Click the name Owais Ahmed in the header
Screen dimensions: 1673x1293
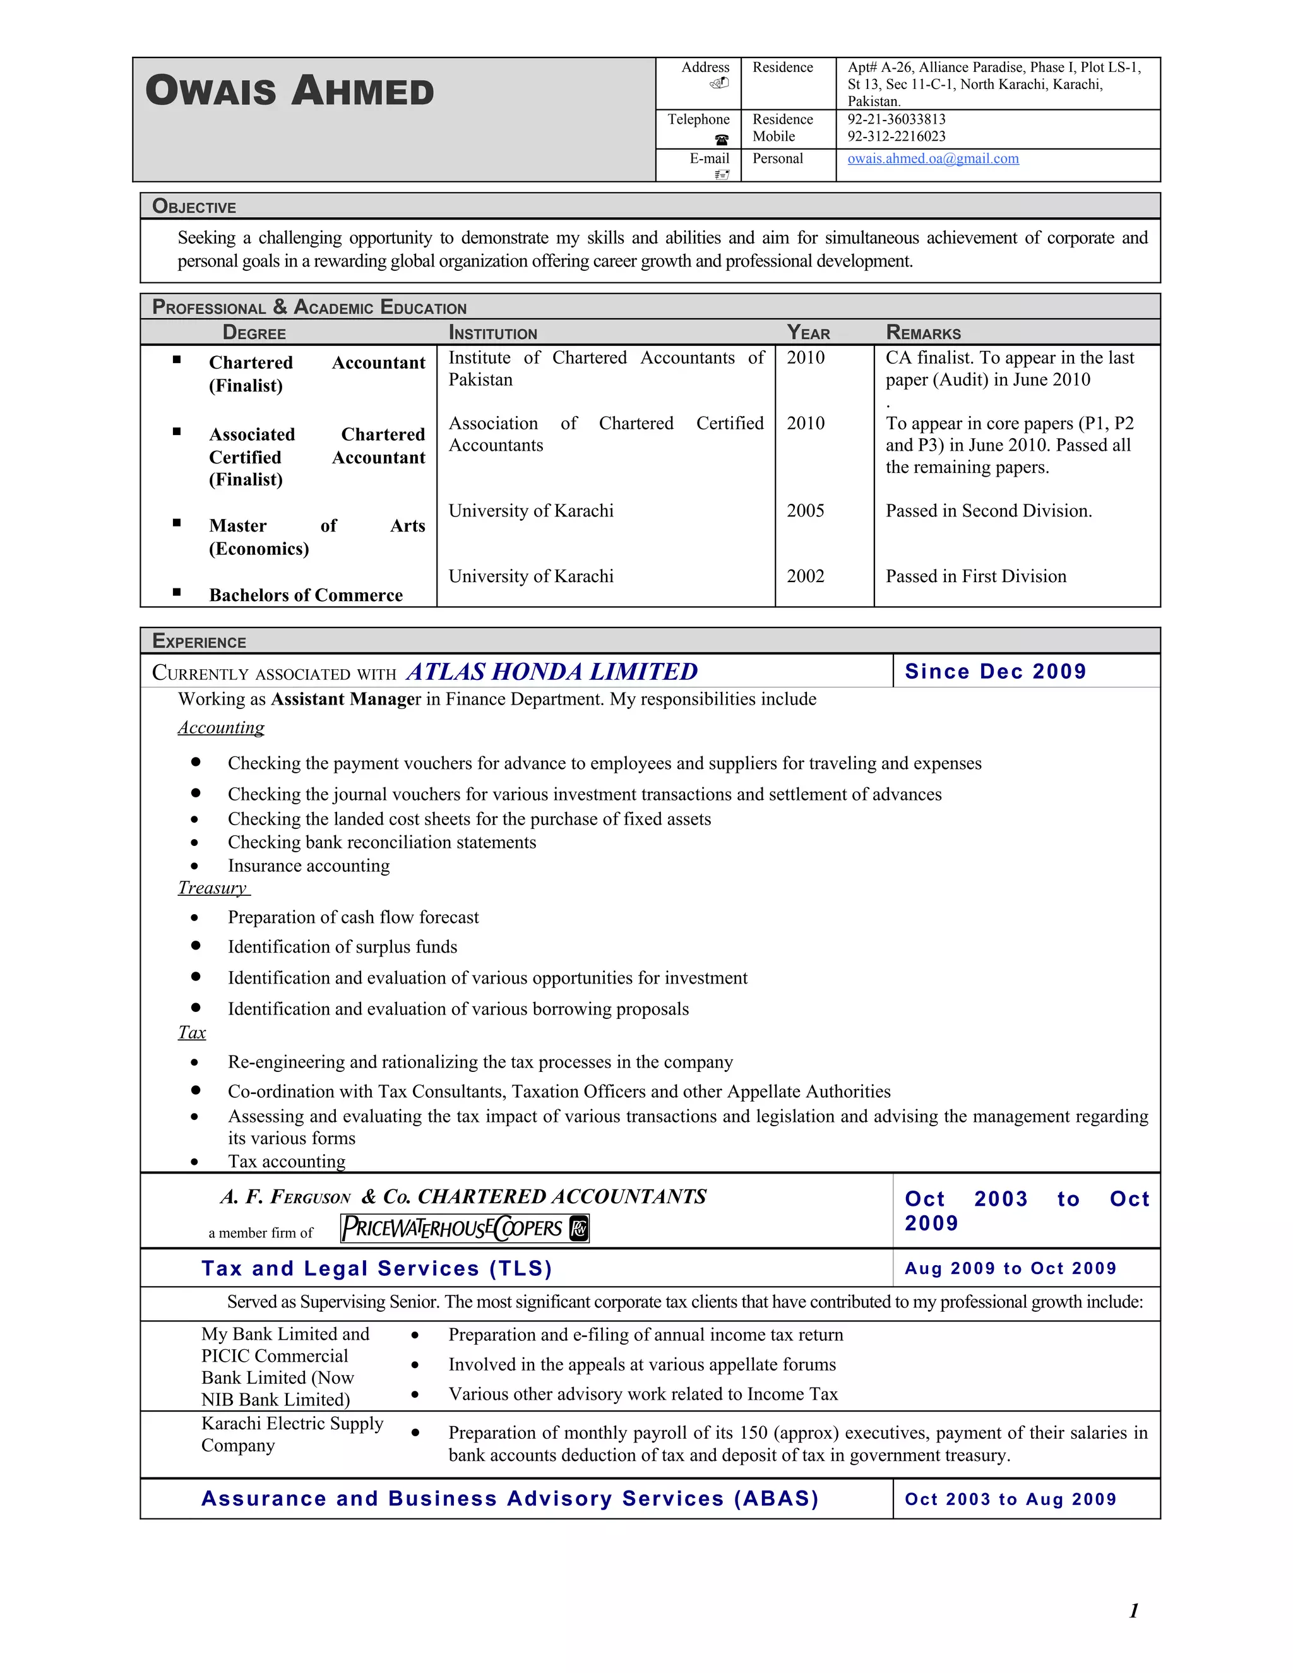pyautogui.click(x=290, y=90)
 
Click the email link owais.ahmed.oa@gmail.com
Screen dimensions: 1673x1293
pyautogui.click(x=933, y=158)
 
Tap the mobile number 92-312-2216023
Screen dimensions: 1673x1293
pyautogui.click(x=897, y=136)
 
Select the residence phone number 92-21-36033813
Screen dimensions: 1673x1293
pyautogui.click(x=897, y=119)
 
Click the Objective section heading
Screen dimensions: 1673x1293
pyautogui.click(x=194, y=206)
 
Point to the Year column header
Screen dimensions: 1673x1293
pyautogui.click(x=808, y=333)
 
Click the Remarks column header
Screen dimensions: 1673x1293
pyautogui.click(x=923, y=333)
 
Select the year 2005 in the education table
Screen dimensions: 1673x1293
pyautogui.click(x=805, y=511)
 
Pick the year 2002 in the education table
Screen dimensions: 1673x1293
pyautogui.click(x=805, y=576)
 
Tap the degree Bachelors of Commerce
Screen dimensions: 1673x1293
pyautogui.click(x=306, y=595)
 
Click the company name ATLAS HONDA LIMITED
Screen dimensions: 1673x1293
pyautogui.click(x=552, y=672)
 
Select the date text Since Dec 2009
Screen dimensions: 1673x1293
pyautogui.click(x=995, y=672)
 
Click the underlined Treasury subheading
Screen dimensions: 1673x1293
pyautogui.click(x=213, y=888)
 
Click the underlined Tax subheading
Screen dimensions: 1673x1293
pyautogui.click(x=191, y=1033)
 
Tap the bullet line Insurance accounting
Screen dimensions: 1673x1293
pyautogui.click(x=309, y=866)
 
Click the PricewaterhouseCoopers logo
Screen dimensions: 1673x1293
pyautogui.click(x=464, y=1229)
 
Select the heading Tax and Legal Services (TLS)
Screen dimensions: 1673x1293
pyautogui.click(x=377, y=1268)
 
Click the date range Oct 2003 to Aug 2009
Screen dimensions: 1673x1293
pyautogui.click(x=1010, y=1499)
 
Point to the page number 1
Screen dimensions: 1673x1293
pyautogui.click(x=1134, y=1611)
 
